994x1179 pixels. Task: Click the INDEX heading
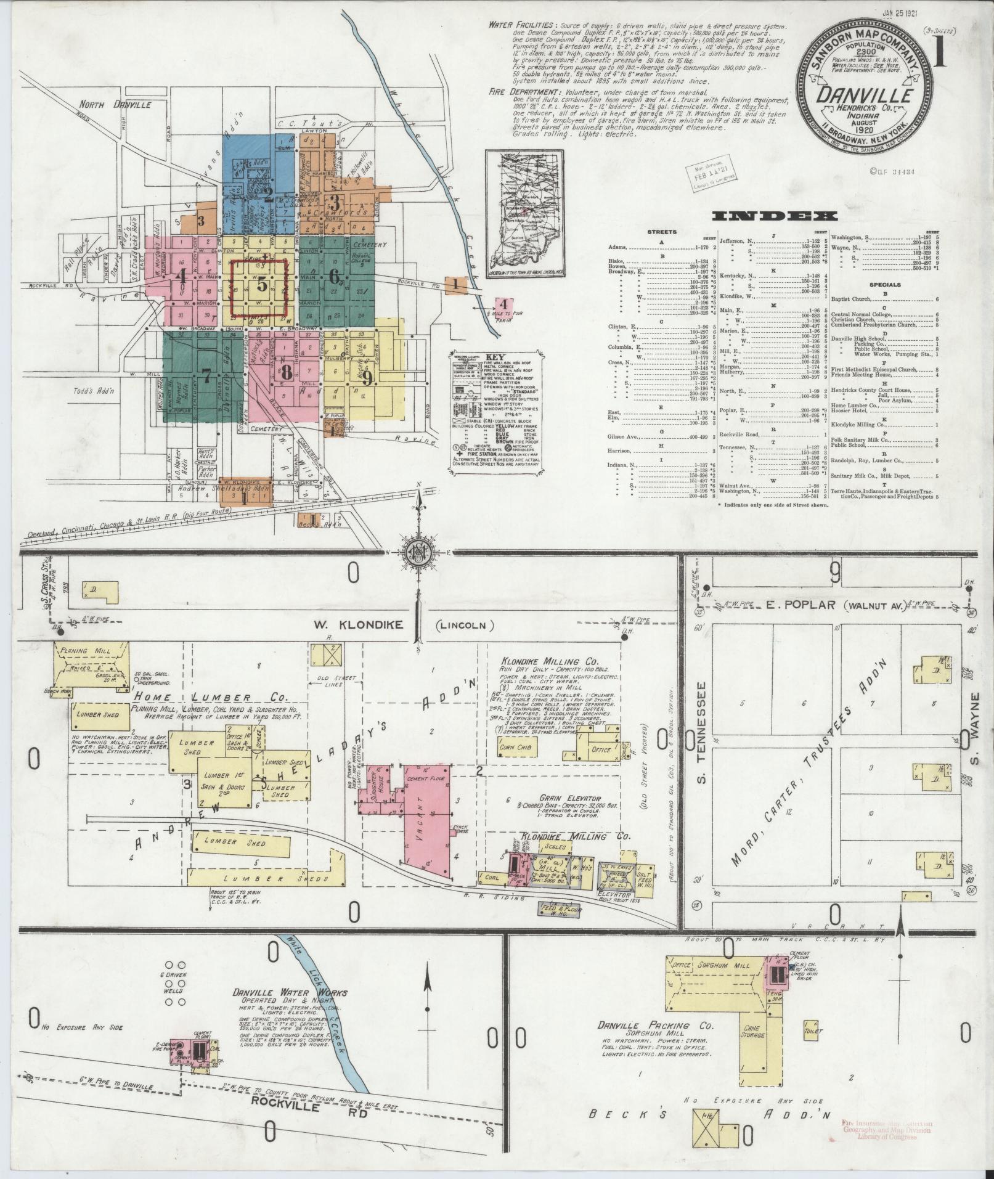point(774,216)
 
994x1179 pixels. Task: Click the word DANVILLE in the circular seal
point(865,96)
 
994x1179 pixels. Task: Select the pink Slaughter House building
point(377,785)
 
